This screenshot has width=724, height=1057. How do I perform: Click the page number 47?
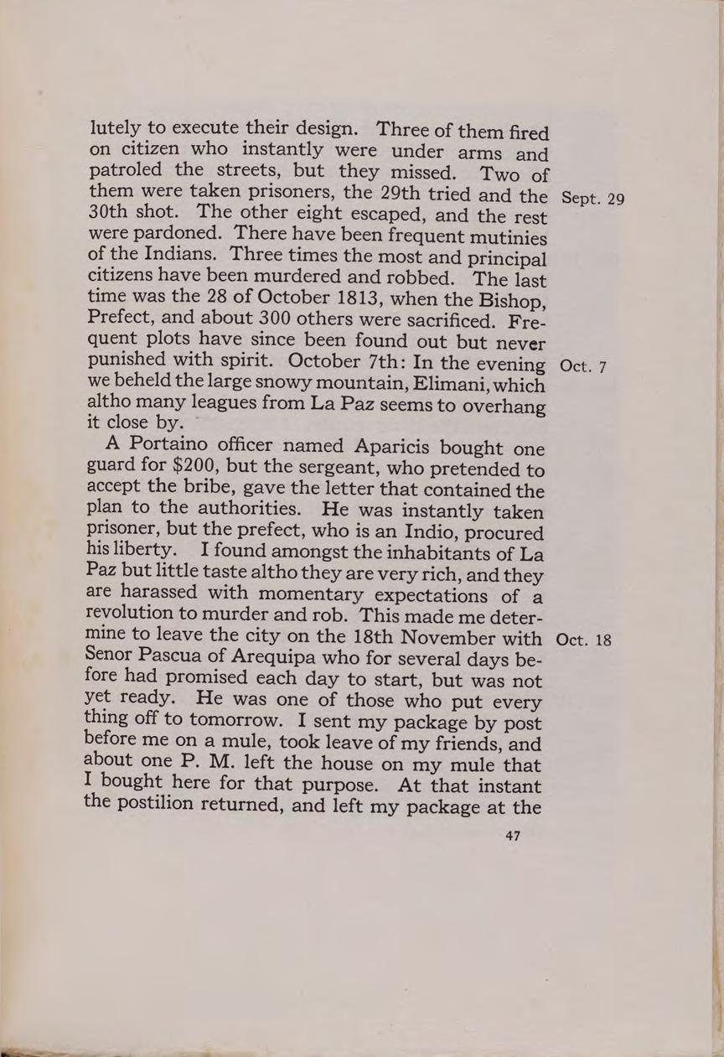click(509, 836)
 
